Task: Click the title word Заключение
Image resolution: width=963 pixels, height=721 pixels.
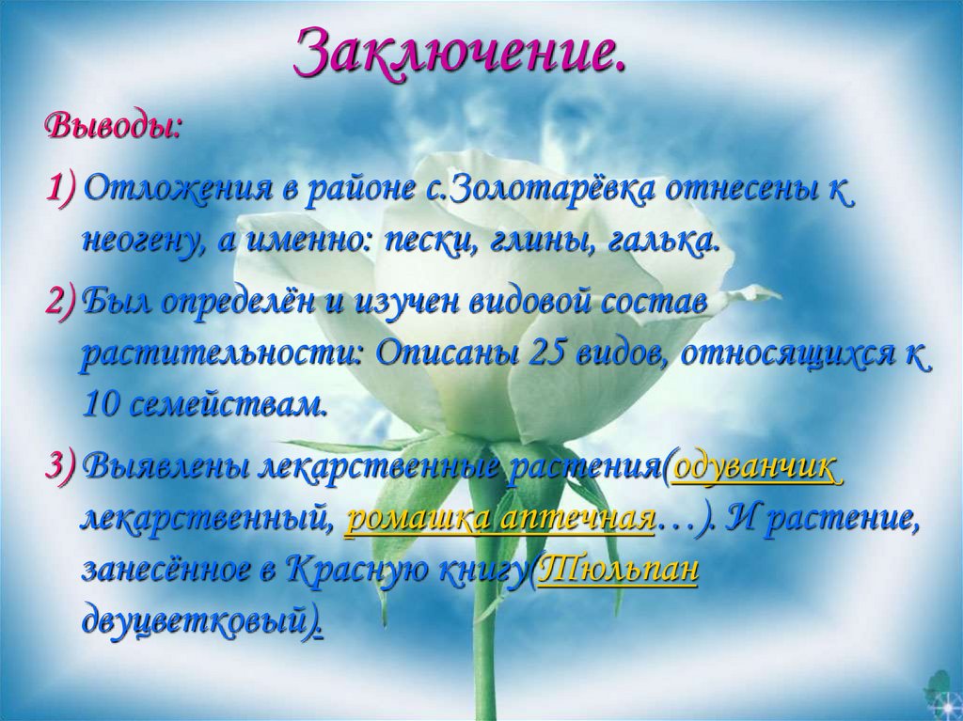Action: [460, 54]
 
